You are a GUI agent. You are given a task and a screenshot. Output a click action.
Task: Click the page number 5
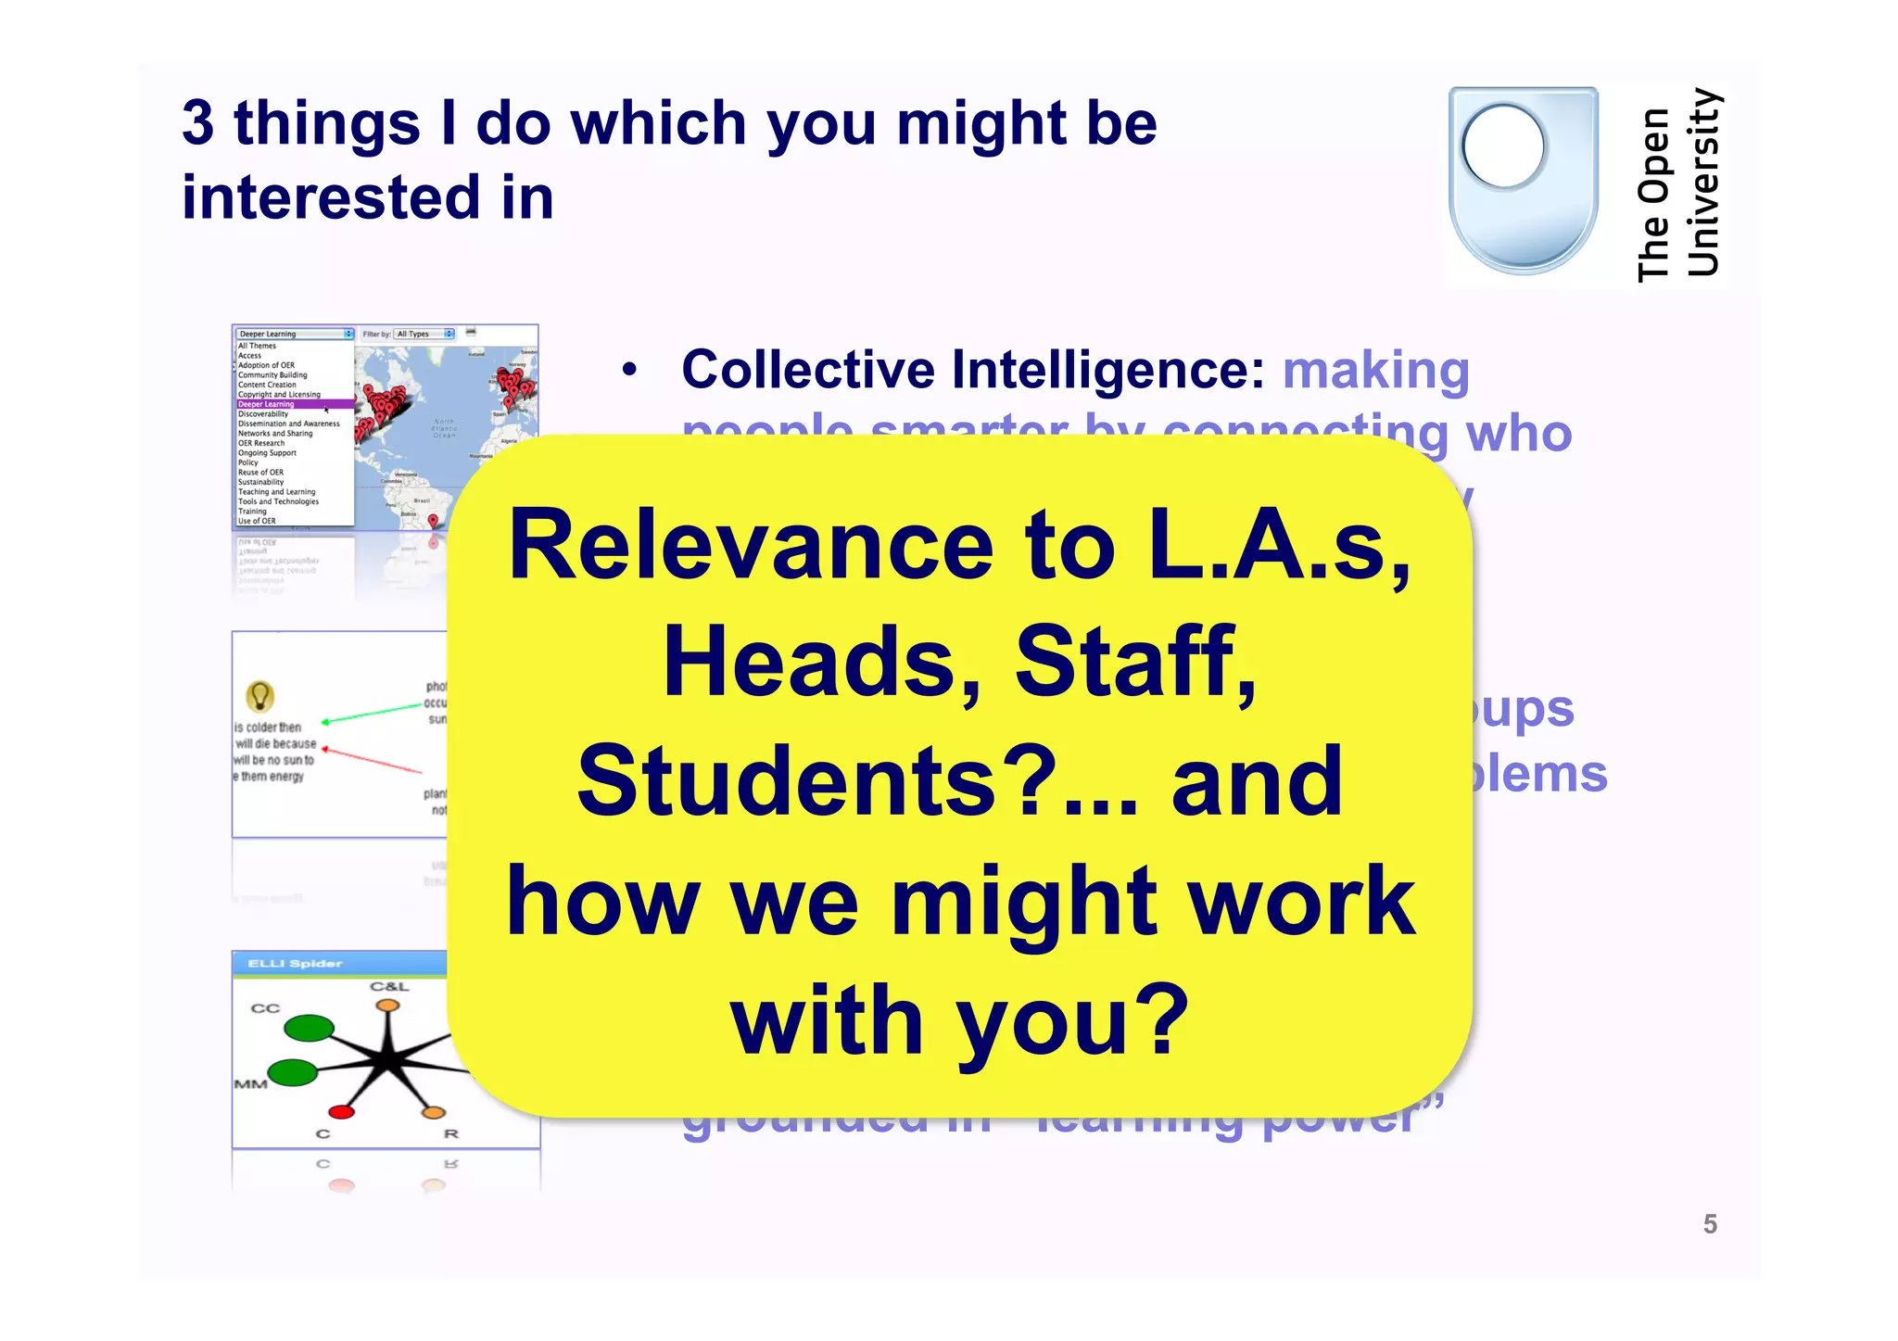click(x=1710, y=1224)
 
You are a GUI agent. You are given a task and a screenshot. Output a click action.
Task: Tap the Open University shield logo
click(x=1523, y=180)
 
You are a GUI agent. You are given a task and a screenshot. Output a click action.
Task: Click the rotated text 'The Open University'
click(x=1677, y=185)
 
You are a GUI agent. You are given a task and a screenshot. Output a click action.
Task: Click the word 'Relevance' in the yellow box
click(x=750, y=546)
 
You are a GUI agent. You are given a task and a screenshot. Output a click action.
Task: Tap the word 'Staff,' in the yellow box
click(x=1135, y=662)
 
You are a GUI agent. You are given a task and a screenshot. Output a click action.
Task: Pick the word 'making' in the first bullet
click(x=1375, y=370)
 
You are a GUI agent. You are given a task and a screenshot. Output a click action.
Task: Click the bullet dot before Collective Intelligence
click(x=630, y=371)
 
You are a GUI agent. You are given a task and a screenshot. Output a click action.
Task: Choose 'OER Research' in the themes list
click(x=261, y=443)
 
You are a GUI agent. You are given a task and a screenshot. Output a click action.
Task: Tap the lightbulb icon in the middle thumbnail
click(x=259, y=695)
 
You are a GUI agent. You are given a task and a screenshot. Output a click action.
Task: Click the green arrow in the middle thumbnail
click(x=371, y=715)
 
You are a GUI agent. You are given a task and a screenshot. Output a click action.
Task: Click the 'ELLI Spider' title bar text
click(x=295, y=964)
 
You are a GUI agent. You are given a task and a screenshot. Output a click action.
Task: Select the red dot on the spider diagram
click(x=341, y=1111)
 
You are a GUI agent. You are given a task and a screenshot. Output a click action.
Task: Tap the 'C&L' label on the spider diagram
click(x=388, y=986)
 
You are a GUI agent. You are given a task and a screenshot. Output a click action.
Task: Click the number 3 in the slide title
click(x=197, y=123)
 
